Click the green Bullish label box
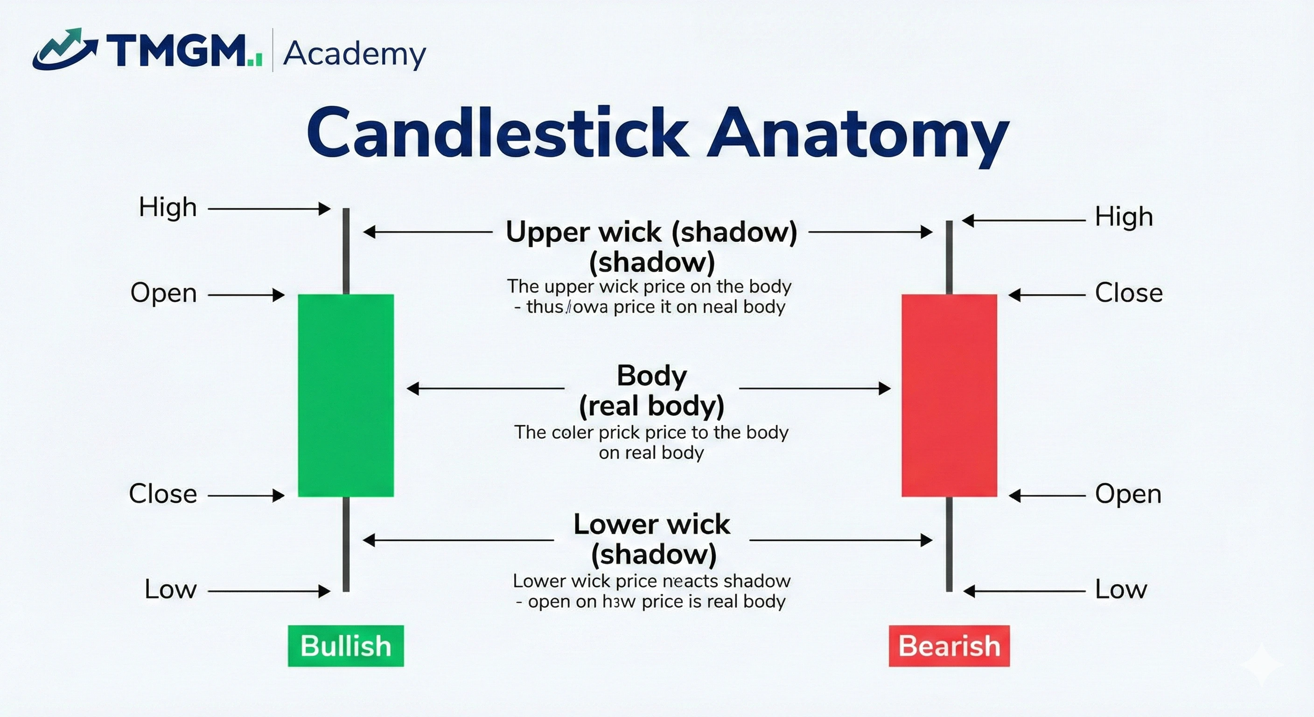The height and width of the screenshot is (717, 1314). pos(345,646)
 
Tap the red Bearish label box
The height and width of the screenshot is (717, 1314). pos(949,646)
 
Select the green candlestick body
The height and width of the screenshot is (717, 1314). pos(345,395)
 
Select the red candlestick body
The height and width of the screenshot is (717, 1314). pos(949,395)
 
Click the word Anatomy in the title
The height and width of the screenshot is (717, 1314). pos(857,134)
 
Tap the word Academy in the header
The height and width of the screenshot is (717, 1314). pos(354,54)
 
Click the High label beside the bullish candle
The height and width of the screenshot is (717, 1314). pos(168,208)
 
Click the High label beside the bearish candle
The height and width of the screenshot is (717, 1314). pos(1124,217)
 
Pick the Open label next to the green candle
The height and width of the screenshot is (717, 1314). pos(163,294)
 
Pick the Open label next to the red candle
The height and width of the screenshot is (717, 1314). pos(1128,494)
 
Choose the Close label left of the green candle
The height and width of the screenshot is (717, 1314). pos(163,494)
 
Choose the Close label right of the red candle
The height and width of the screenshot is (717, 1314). pos(1128,294)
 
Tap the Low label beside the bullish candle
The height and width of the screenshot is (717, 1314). pos(170,590)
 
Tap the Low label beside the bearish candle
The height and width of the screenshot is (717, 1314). pos(1121,590)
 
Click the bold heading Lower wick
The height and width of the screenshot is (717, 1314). pos(651,525)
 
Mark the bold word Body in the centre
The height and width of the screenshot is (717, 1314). pos(651,376)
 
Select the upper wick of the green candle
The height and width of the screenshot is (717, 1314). pos(346,251)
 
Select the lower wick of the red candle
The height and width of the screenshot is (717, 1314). pos(949,544)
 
